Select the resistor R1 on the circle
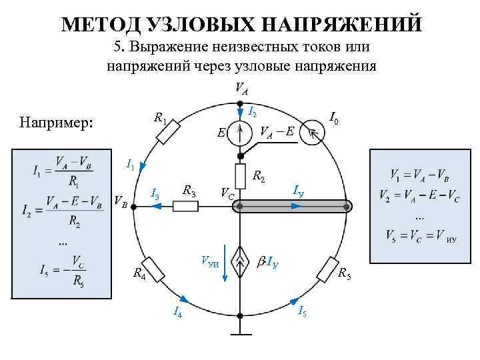click(x=169, y=131)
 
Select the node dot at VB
click(x=133, y=207)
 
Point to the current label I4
click(x=177, y=311)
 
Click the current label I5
click(x=302, y=311)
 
